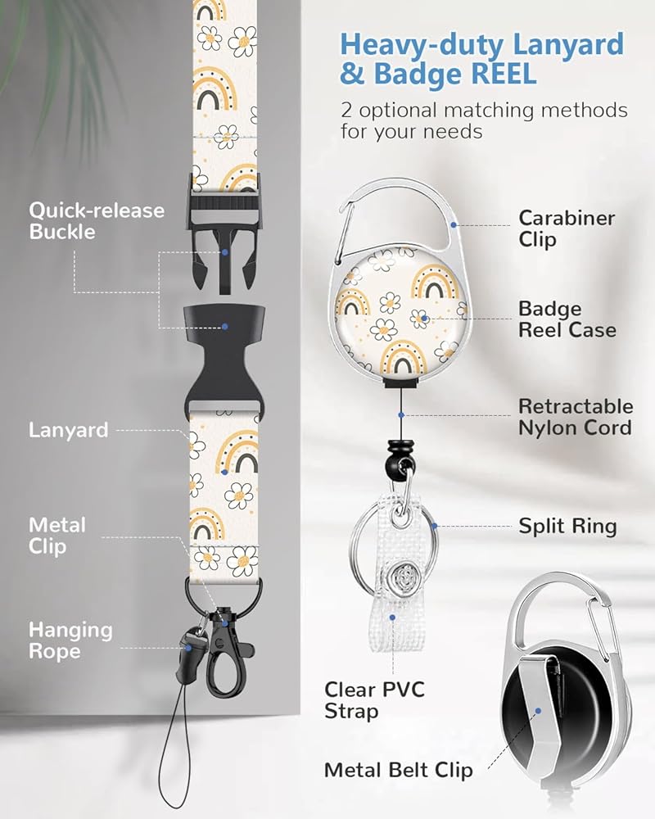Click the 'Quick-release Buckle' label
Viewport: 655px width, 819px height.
(97, 221)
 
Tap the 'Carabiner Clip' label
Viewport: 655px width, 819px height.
(566, 229)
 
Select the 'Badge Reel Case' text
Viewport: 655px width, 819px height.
(567, 320)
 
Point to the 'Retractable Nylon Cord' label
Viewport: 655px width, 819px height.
(575, 417)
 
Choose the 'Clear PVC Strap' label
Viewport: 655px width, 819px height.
(374, 700)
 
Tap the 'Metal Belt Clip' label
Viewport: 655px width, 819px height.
(398, 771)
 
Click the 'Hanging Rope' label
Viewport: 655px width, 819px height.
(70, 640)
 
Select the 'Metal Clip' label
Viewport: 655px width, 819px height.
(56, 535)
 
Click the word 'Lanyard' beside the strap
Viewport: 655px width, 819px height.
(68, 430)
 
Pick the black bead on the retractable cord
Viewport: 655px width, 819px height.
(399, 460)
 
